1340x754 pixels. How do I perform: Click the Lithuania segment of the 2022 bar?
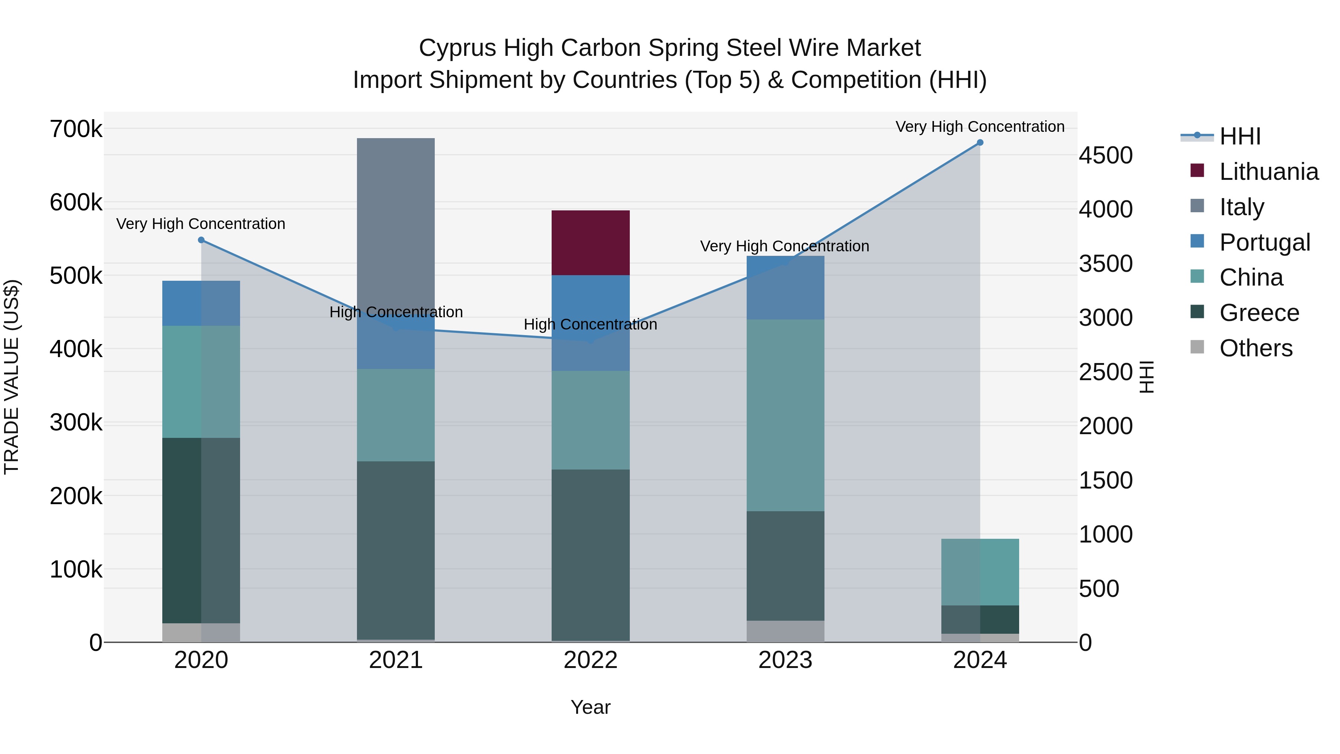pos(590,242)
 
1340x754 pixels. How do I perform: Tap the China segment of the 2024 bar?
pos(980,572)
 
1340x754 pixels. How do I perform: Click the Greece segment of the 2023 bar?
pos(785,566)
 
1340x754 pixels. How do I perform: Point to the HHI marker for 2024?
pos(980,143)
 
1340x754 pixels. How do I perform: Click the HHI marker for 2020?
pos(201,240)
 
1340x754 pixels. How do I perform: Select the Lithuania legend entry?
pos(1268,172)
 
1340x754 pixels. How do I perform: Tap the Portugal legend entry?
pos(1264,242)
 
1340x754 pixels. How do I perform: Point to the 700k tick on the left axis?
pos(76,129)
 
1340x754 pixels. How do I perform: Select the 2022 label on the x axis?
pos(590,660)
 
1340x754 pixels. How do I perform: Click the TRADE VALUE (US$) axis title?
pos(12,377)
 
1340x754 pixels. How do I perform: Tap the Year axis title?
pos(590,707)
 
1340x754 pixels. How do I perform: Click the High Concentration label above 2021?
pos(396,312)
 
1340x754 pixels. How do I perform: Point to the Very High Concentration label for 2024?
pos(980,127)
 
